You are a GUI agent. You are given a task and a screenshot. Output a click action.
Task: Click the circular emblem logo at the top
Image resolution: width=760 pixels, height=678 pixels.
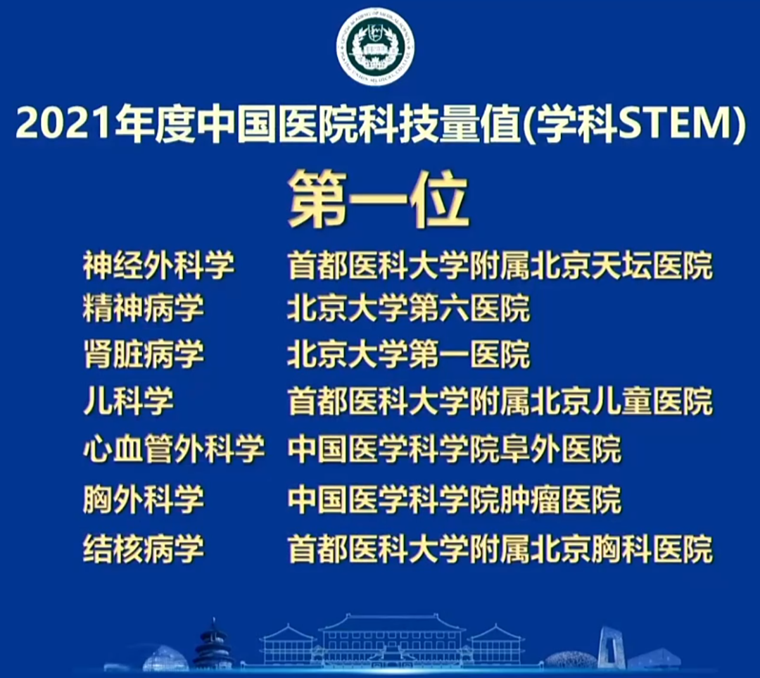click(x=375, y=47)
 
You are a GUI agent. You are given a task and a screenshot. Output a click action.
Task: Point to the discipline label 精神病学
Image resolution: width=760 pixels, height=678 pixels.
click(x=144, y=310)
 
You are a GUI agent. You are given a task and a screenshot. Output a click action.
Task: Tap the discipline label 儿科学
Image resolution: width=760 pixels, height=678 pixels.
click(x=128, y=403)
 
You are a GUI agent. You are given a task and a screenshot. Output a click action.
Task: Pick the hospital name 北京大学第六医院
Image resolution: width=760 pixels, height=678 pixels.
click(x=408, y=310)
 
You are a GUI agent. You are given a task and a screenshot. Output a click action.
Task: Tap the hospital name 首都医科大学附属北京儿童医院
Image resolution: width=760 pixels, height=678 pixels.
click(x=500, y=403)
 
